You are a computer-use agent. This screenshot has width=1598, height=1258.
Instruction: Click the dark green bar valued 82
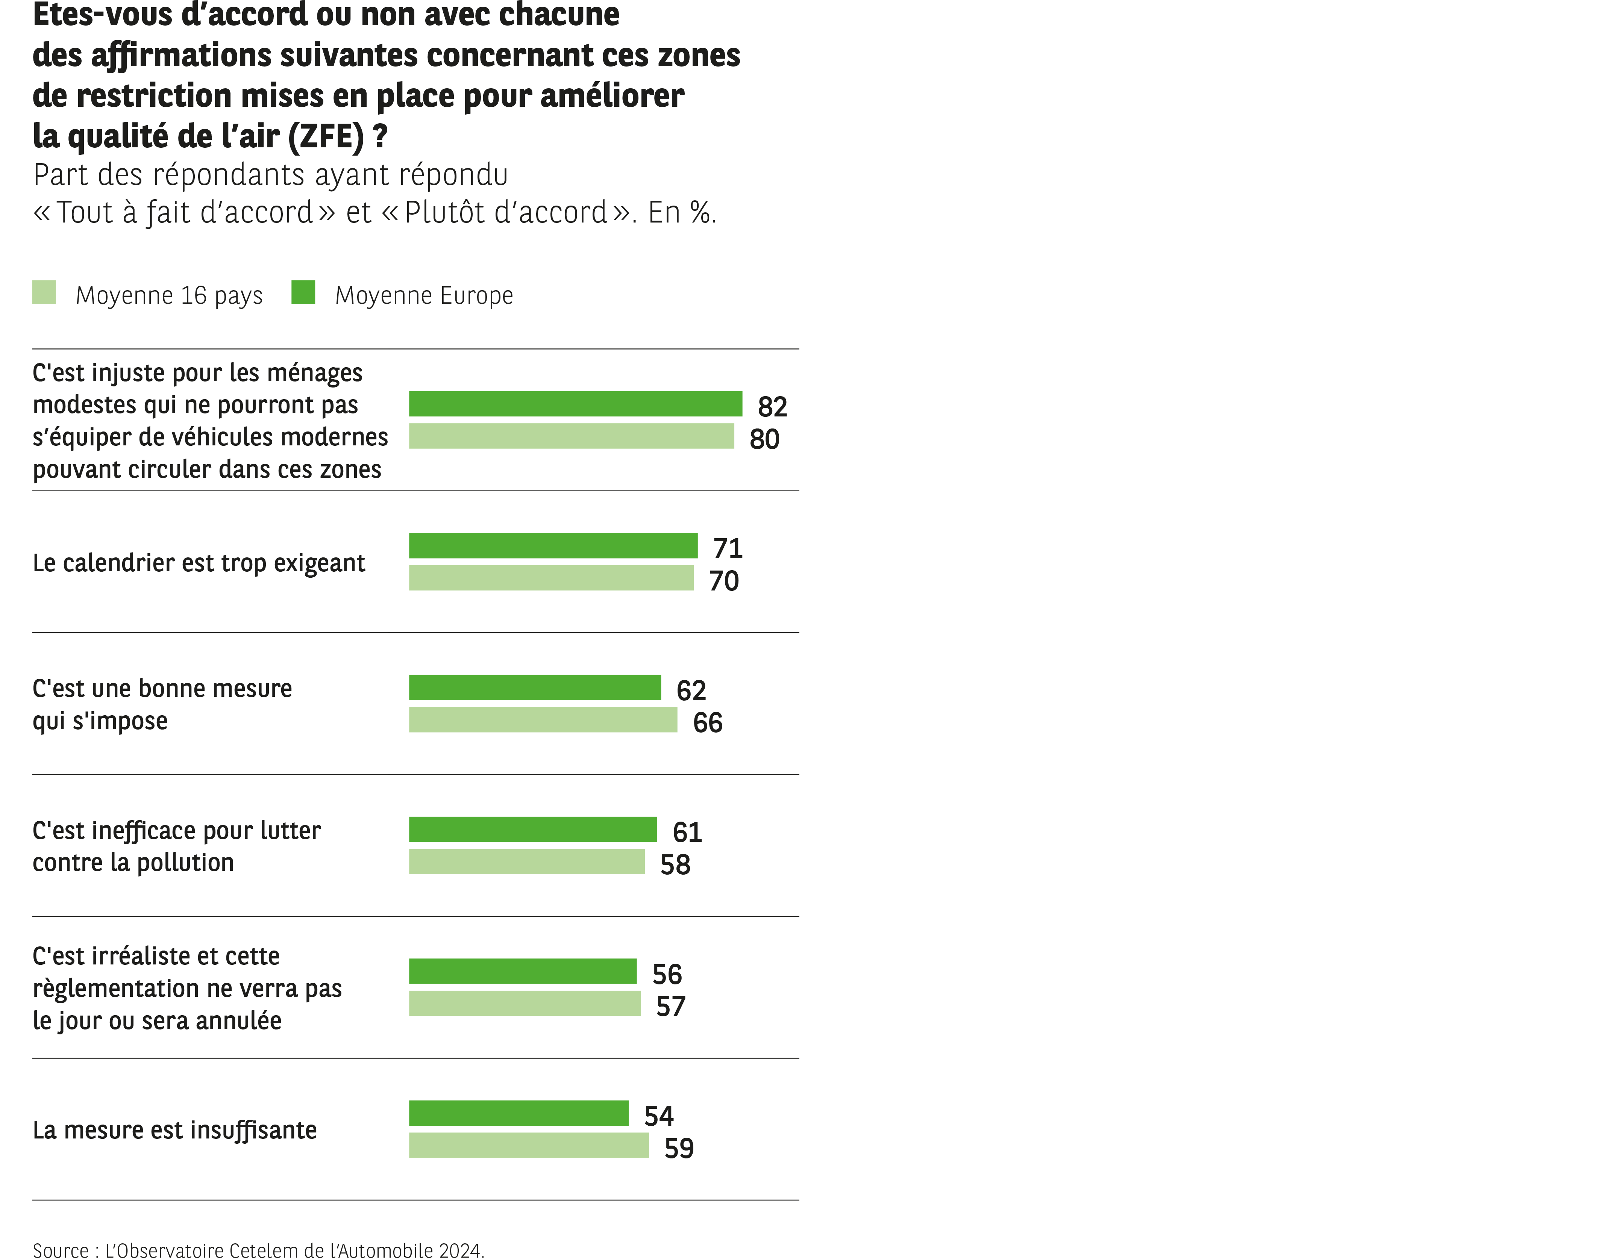(575, 404)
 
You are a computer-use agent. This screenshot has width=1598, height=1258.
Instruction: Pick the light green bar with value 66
(543, 720)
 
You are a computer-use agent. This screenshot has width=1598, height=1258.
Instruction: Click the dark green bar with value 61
(533, 830)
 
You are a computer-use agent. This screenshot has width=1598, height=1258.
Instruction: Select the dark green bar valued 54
(519, 1113)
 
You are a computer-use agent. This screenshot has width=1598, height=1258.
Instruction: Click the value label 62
(691, 691)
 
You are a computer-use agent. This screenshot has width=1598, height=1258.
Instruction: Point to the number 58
(675, 865)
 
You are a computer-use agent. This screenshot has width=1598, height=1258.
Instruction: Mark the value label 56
(667, 975)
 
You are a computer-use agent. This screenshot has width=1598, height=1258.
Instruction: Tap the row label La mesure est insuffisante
(174, 1130)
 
